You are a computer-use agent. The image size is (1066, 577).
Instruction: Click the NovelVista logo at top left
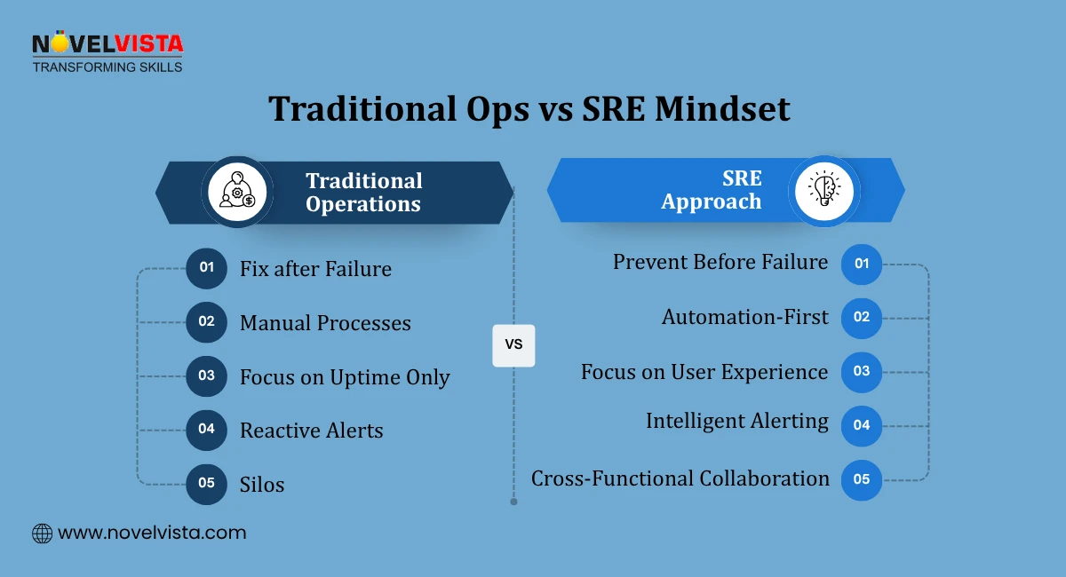(107, 51)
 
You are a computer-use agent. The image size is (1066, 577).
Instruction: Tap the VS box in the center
(513, 344)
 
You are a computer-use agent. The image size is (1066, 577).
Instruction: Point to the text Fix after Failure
(315, 269)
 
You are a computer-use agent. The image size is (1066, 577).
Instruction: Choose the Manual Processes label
(325, 323)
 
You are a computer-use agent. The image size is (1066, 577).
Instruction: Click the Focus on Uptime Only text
(345, 377)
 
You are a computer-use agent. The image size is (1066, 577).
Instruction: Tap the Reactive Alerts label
(311, 431)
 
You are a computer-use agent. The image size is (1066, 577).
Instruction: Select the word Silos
(262, 485)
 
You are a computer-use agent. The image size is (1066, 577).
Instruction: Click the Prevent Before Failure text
(720, 262)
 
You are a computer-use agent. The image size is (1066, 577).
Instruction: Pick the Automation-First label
(744, 317)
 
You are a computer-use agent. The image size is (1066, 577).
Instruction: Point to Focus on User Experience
(704, 371)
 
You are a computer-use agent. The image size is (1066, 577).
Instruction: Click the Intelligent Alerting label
(737, 421)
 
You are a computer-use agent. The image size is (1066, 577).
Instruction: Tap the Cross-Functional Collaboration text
(680, 478)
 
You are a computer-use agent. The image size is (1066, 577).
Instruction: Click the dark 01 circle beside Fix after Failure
(206, 268)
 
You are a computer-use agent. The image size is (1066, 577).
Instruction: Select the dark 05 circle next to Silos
(206, 484)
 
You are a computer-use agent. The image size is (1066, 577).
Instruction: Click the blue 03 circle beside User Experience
(861, 372)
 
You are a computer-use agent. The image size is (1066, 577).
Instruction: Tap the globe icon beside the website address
(42, 534)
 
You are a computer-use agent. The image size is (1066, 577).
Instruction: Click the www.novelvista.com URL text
(152, 534)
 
